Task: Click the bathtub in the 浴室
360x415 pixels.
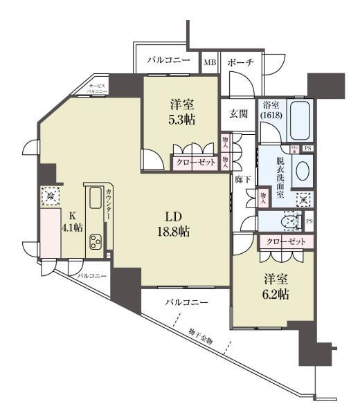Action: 300,120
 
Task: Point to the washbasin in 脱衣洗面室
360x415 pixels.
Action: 302,172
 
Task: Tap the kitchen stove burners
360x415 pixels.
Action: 95,242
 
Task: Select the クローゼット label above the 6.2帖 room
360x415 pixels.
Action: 286,242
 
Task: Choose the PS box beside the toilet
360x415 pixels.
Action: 309,221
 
